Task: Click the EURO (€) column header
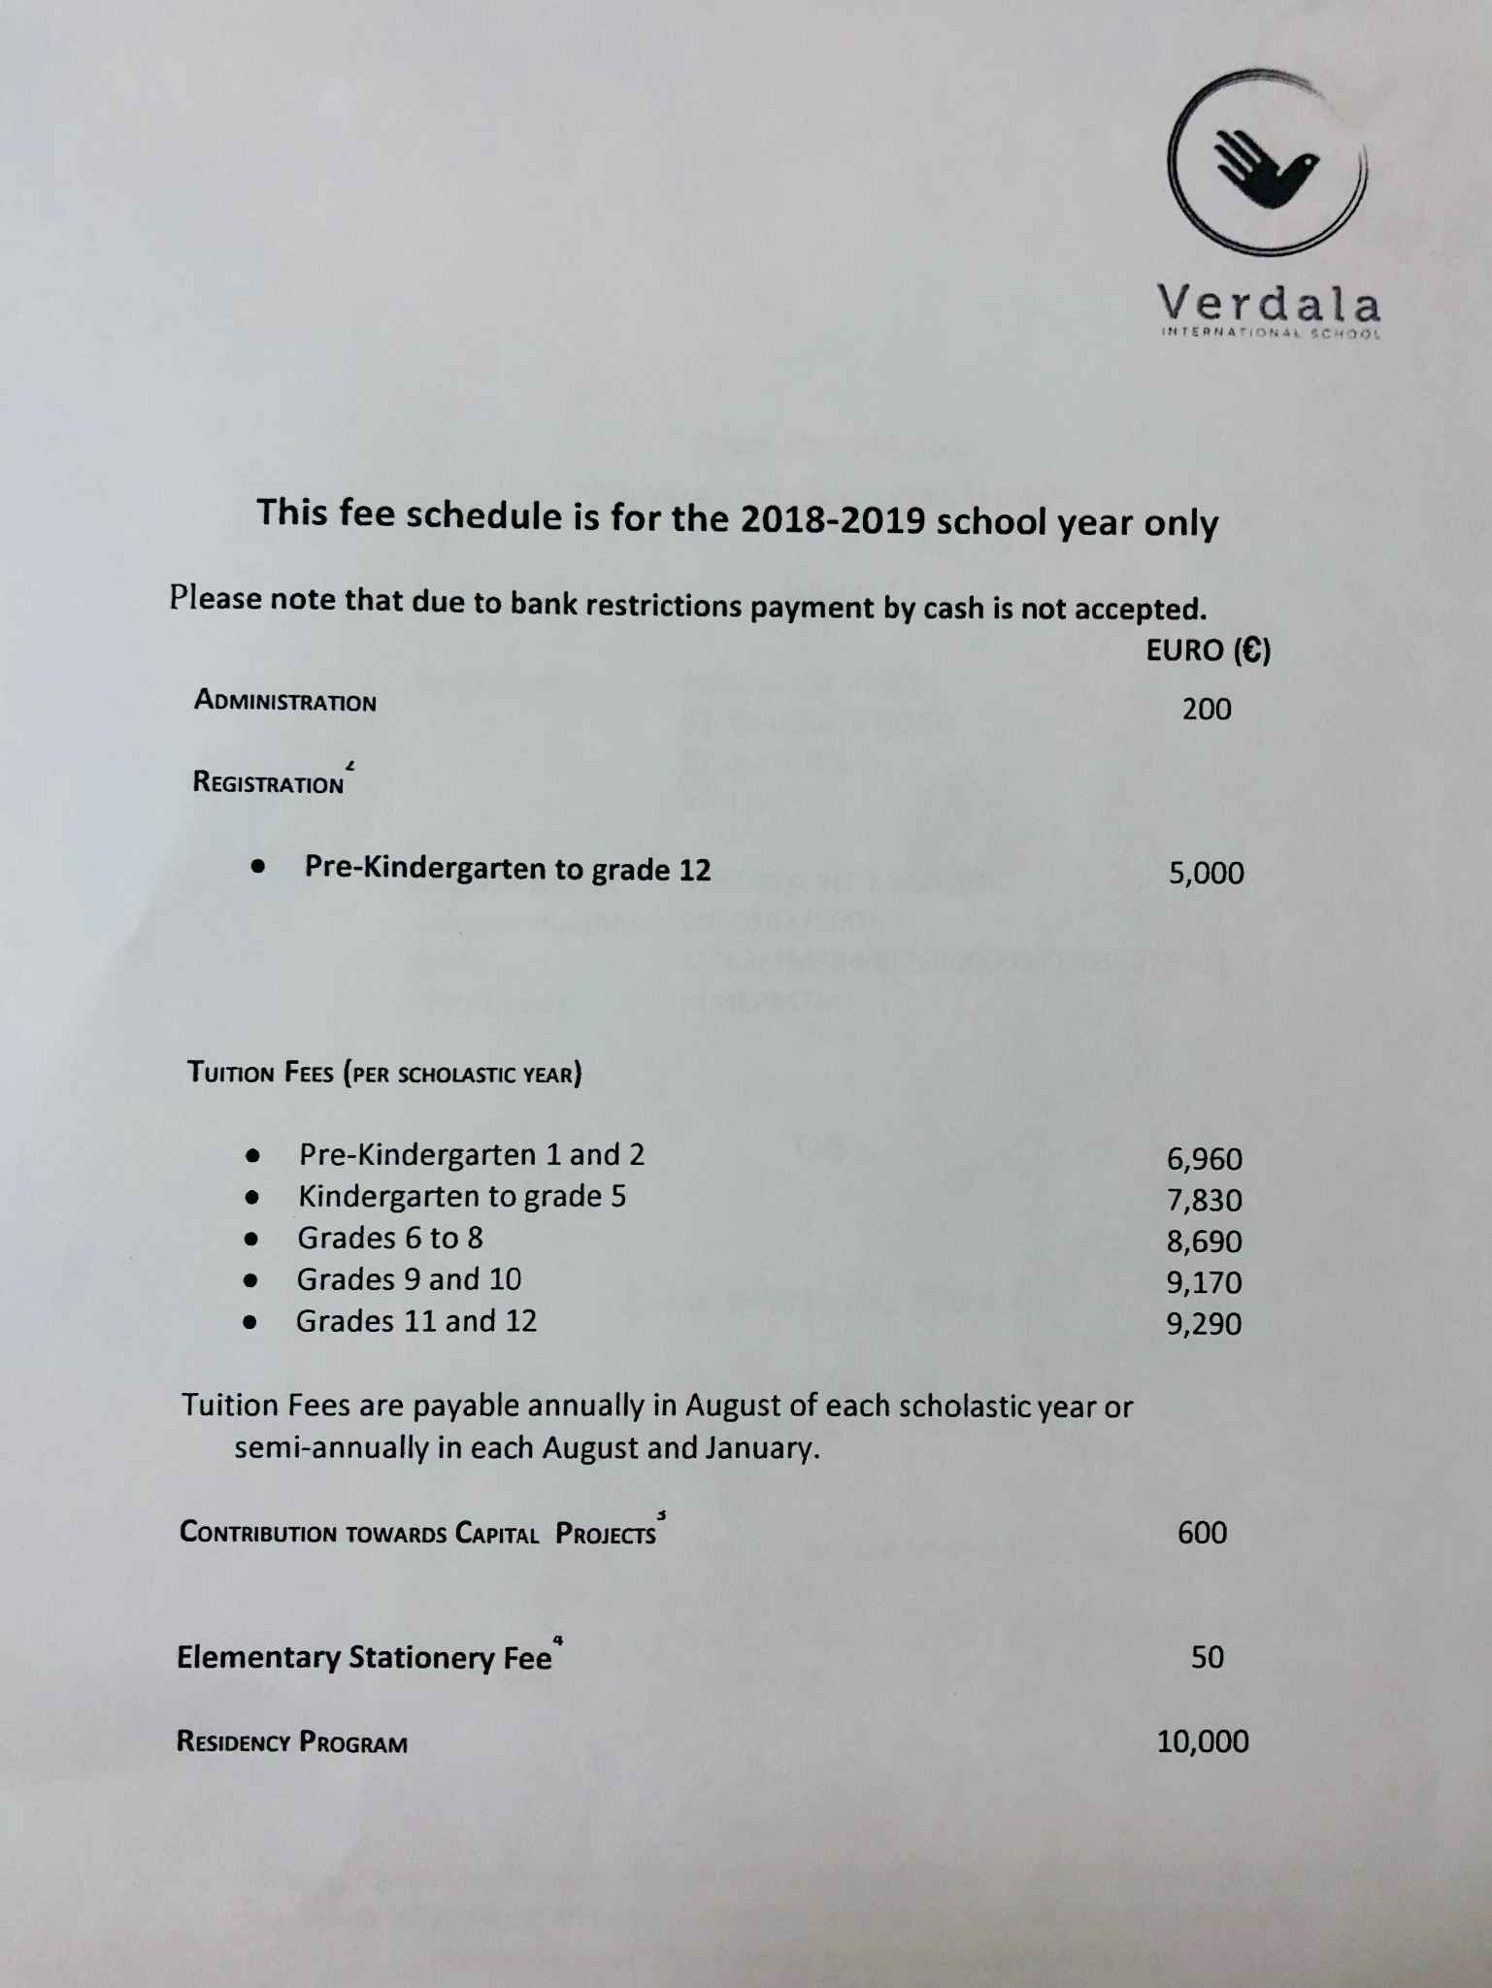coord(1208,650)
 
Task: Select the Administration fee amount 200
coord(1207,710)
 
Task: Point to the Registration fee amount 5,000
coord(1207,874)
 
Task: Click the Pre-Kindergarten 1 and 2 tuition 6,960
coord(1205,1159)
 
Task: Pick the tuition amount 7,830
coord(1205,1201)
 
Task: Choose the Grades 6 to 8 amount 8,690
coord(1205,1242)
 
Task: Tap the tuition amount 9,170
coord(1205,1283)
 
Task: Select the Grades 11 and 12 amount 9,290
coord(1205,1324)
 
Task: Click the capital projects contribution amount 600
coord(1203,1533)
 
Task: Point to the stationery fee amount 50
coord(1208,1657)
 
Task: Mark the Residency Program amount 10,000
coord(1203,1741)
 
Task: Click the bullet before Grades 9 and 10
coord(251,1280)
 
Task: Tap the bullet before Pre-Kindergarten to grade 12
coord(257,868)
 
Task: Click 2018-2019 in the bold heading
coord(831,520)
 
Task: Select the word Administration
coord(285,701)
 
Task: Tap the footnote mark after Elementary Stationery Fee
coord(558,1640)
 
